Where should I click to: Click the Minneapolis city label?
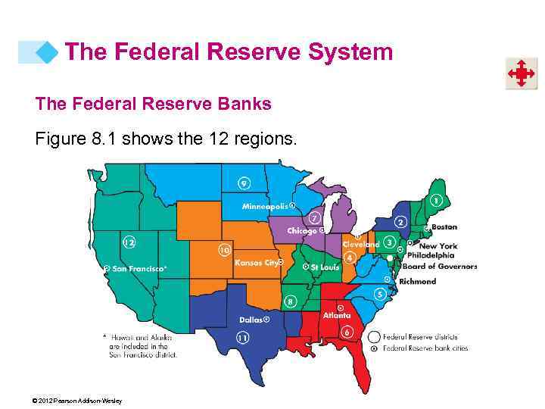(x=265, y=206)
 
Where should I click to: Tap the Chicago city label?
(x=301, y=230)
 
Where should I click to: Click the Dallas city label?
(x=251, y=320)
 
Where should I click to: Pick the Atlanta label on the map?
(x=336, y=315)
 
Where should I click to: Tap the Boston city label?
(x=444, y=226)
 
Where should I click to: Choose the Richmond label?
(x=418, y=281)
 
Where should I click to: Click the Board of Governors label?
(x=439, y=266)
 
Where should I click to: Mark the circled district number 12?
(x=129, y=242)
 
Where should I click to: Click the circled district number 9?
(x=244, y=183)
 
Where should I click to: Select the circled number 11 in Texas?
(x=243, y=337)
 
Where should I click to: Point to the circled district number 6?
(x=347, y=332)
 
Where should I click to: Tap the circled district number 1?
(x=436, y=200)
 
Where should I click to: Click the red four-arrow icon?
(x=521, y=73)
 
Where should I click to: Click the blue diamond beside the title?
(x=48, y=52)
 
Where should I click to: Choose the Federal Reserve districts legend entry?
(x=419, y=336)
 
